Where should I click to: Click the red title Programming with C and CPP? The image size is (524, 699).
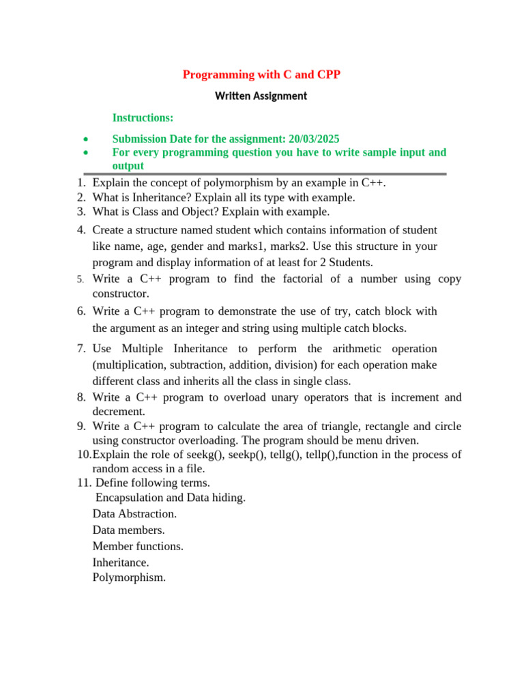(x=261, y=74)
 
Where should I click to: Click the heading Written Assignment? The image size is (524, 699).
(x=261, y=96)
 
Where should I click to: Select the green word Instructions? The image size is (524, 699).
(x=143, y=118)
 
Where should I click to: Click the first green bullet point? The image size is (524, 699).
(x=85, y=139)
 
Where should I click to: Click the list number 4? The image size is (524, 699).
(x=81, y=230)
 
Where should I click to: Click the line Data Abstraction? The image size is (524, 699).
(x=134, y=513)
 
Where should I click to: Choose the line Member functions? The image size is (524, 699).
(x=138, y=546)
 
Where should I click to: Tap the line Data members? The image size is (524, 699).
(x=128, y=530)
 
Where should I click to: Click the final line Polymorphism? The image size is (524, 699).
(x=129, y=577)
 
